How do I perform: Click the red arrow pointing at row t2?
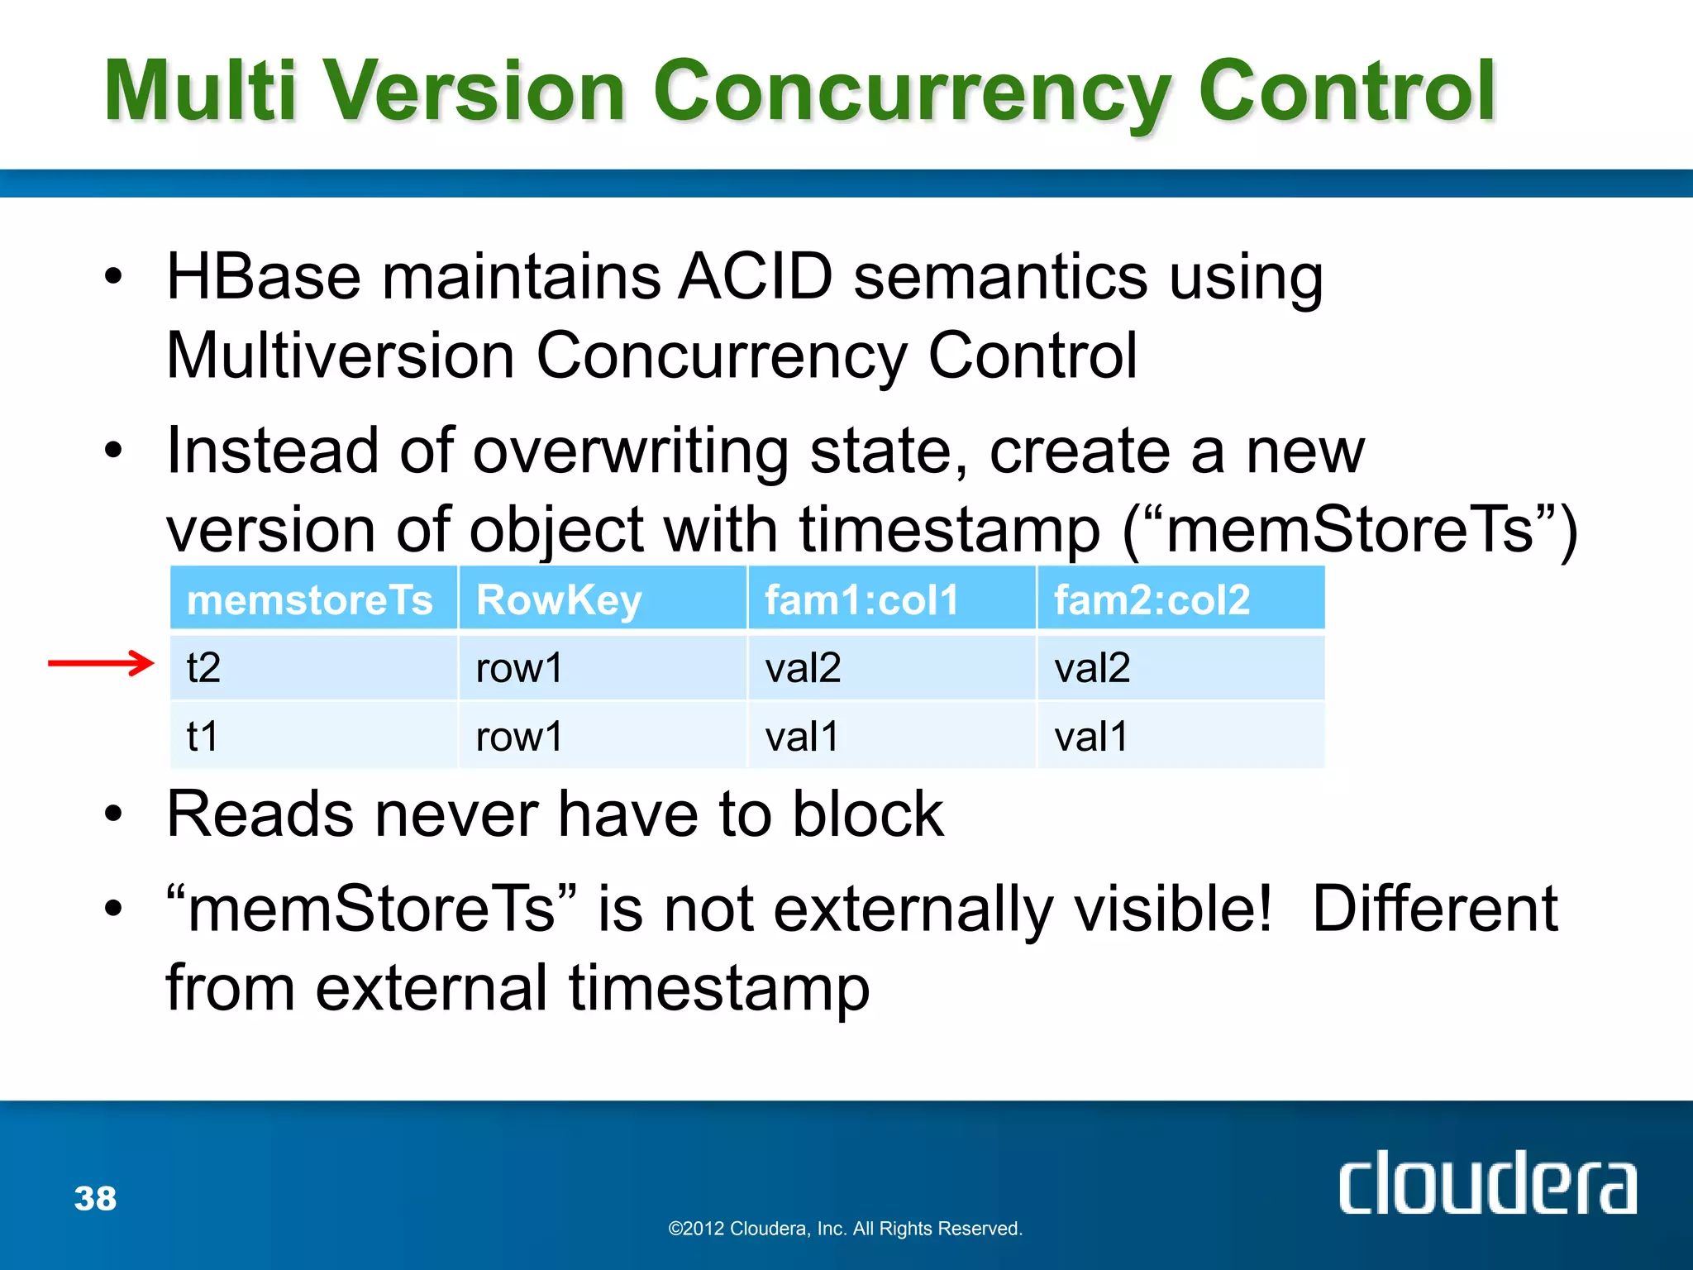click(x=101, y=663)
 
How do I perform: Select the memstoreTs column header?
click(x=310, y=599)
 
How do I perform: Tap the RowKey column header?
click(x=559, y=599)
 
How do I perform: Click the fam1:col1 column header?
click(x=861, y=599)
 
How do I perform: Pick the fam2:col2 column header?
click(x=1152, y=599)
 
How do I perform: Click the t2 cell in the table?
click(x=204, y=667)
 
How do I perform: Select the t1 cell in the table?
click(x=203, y=736)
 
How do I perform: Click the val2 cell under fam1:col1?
click(x=803, y=667)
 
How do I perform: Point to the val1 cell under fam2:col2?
click(x=1091, y=736)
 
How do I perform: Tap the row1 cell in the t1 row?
click(x=519, y=736)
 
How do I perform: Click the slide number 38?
click(x=95, y=1198)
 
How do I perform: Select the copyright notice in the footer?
click(x=845, y=1229)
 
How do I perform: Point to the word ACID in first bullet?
click(x=755, y=276)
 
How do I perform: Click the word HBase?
click(x=264, y=276)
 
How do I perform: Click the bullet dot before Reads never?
click(x=114, y=814)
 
